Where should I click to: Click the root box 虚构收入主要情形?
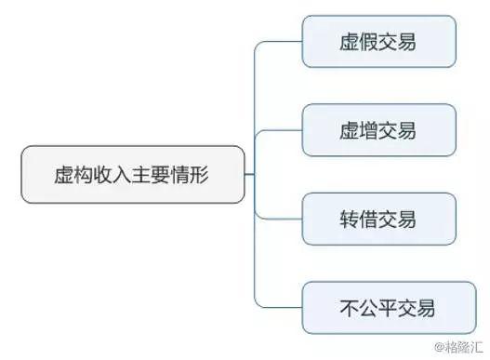tap(133, 173)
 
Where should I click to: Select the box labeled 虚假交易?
tap(378, 42)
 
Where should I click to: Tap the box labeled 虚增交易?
tap(378, 130)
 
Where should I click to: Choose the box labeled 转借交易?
tap(378, 219)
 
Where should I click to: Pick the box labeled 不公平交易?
tap(378, 307)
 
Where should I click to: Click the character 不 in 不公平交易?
tap(341, 307)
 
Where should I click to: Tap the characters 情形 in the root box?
tap(193, 173)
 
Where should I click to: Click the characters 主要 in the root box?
tap(153, 173)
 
